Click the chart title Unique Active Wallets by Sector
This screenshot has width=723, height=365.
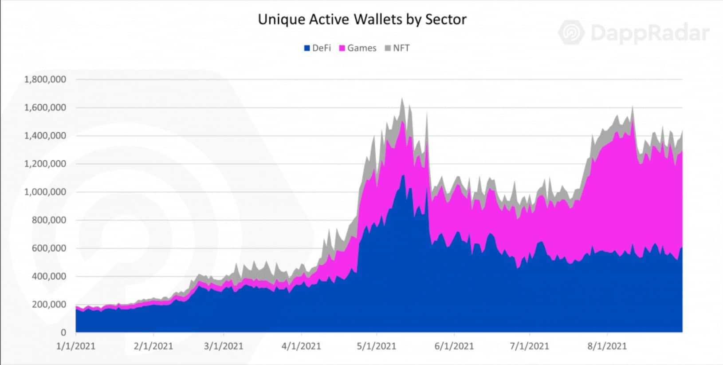click(362, 20)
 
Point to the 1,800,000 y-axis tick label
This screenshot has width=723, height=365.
click(45, 79)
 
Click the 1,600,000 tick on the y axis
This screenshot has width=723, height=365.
click(45, 107)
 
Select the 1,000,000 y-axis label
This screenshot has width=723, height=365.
click(45, 192)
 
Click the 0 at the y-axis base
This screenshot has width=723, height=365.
click(63, 332)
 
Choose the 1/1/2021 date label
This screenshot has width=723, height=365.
click(76, 346)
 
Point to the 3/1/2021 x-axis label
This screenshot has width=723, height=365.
click(224, 346)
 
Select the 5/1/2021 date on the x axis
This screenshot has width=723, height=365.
click(377, 346)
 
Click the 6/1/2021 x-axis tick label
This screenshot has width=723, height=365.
click(454, 346)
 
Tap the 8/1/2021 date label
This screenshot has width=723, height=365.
click(607, 346)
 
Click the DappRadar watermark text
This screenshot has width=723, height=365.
click(650, 33)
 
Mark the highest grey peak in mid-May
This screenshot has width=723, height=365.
click(402, 99)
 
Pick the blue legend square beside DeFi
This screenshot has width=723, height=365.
click(306, 48)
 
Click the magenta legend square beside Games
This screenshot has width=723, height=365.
click(342, 48)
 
